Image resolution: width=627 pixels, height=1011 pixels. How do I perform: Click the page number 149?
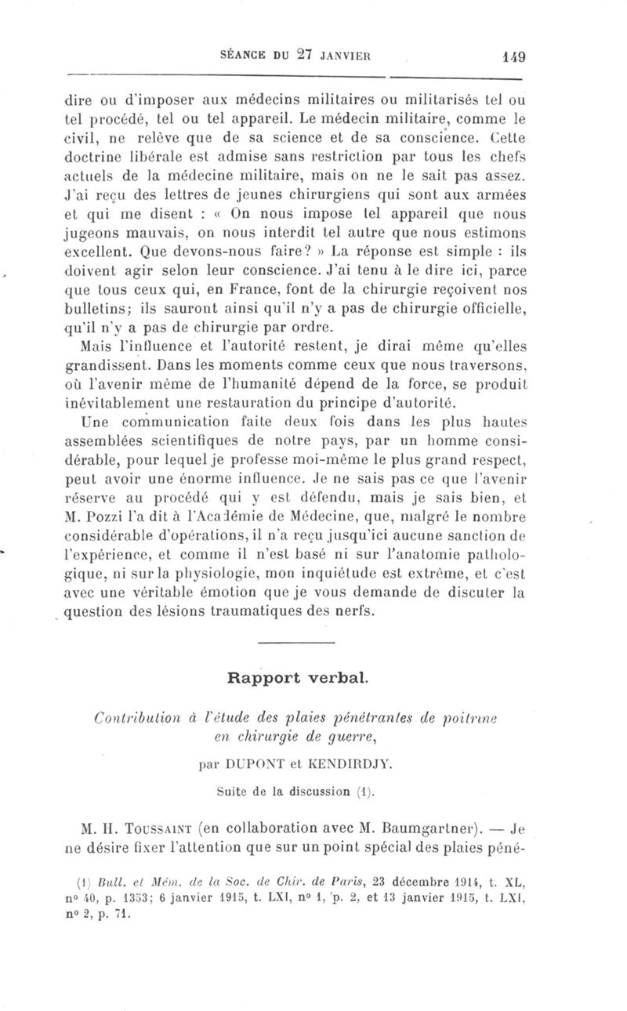click(x=513, y=56)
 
